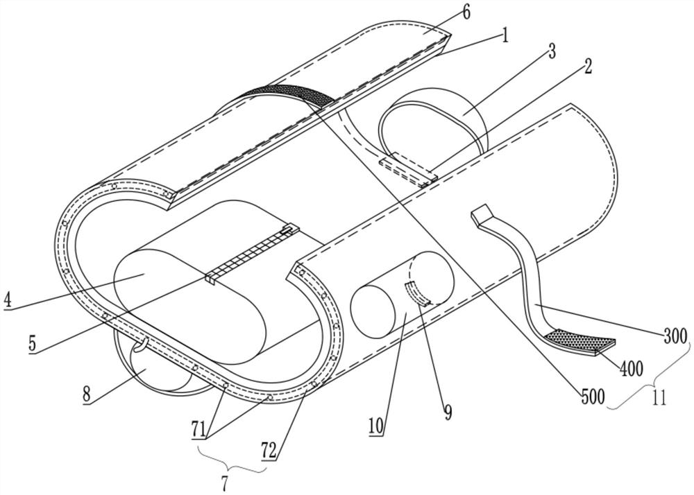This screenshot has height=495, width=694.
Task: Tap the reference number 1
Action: pos(505,35)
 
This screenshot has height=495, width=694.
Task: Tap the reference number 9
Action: pos(448,413)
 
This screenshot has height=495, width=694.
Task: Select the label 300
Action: pos(673,337)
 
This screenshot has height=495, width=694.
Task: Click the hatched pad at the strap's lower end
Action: pos(580,340)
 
